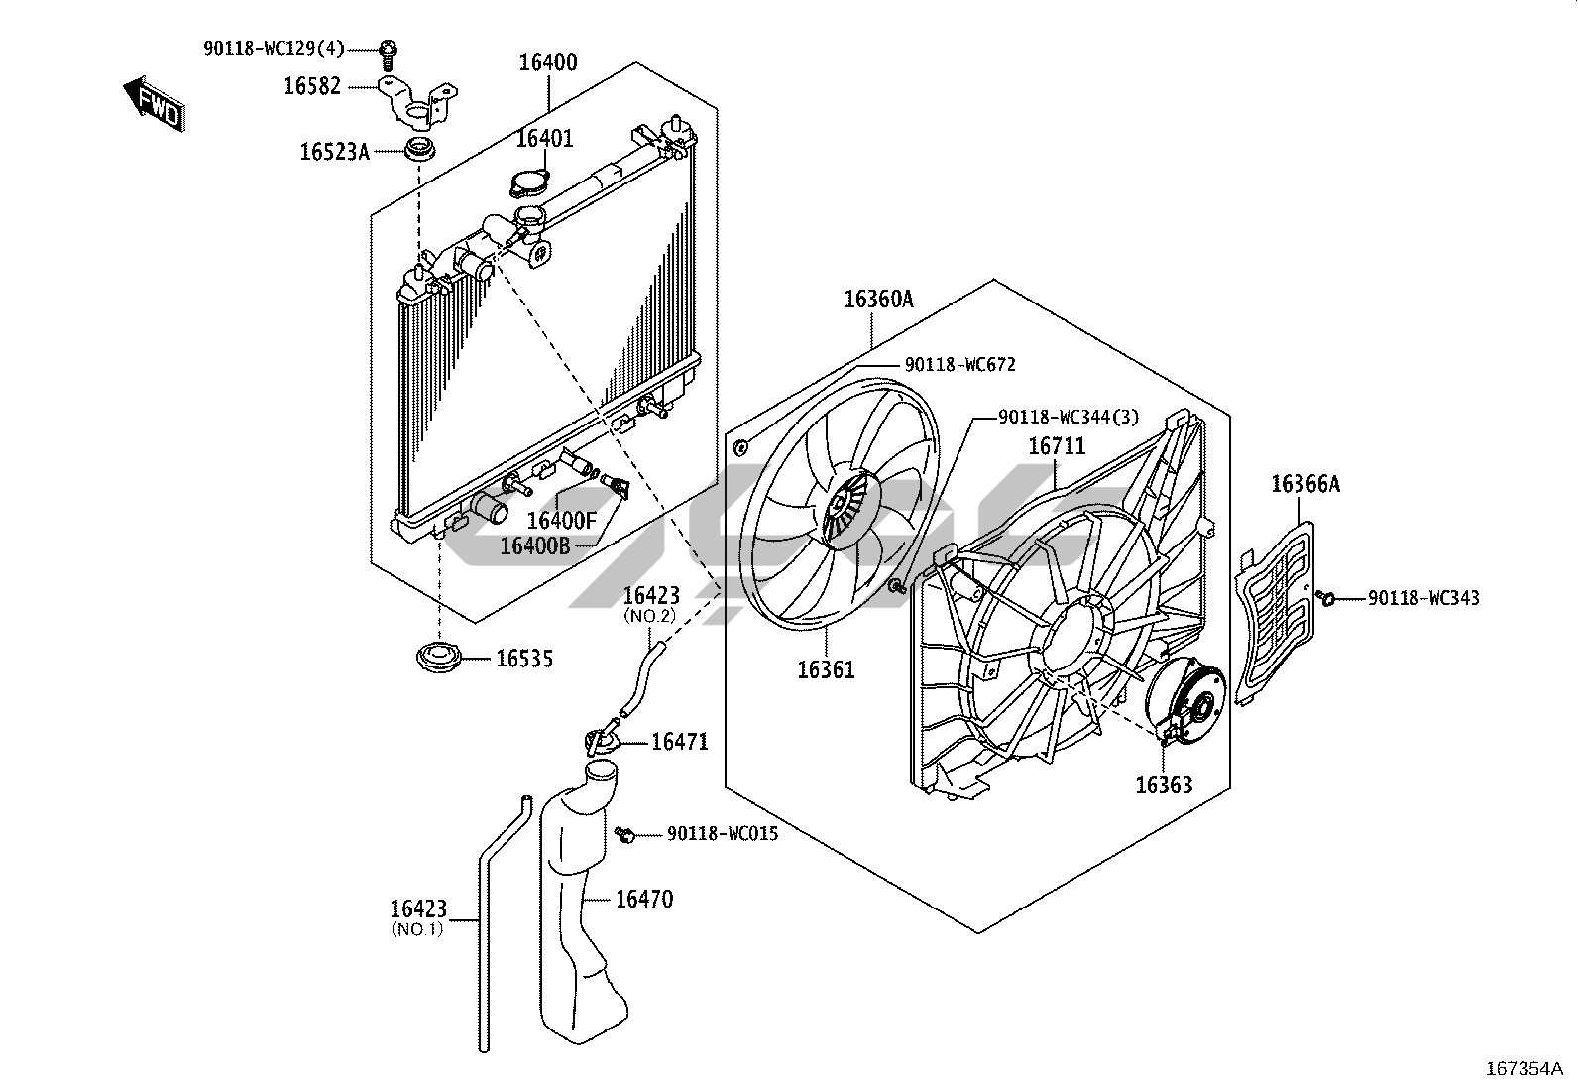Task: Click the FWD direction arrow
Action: (x=155, y=104)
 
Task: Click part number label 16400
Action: (x=548, y=62)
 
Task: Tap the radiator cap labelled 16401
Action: (x=529, y=183)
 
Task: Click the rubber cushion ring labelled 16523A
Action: (x=420, y=151)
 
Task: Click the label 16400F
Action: (x=561, y=521)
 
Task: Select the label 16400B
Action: (x=534, y=545)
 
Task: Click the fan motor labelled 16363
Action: (x=1184, y=701)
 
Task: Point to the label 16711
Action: (x=1057, y=446)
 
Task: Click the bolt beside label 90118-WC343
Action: (x=1325, y=599)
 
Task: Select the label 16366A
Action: (x=1305, y=484)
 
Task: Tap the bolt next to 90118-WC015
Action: (x=624, y=835)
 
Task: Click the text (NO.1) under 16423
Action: (x=417, y=930)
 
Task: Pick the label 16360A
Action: (x=878, y=300)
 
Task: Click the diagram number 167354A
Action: (x=1524, y=1069)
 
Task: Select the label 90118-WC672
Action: (x=960, y=365)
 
